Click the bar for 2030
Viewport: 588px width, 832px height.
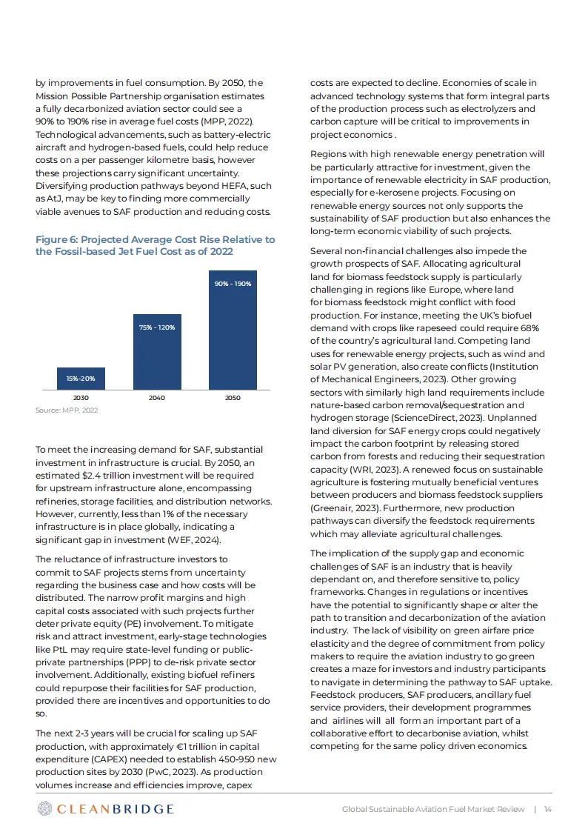(x=81, y=379)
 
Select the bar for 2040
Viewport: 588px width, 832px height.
(x=156, y=350)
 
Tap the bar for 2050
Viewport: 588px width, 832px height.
(x=233, y=330)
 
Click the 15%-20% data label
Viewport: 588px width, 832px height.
(x=81, y=379)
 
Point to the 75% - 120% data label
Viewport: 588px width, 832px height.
(x=156, y=327)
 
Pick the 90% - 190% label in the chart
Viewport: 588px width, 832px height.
(x=233, y=284)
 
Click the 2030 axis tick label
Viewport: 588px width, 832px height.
(x=81, y=398)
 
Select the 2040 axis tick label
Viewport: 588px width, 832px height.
(x=156, y=398)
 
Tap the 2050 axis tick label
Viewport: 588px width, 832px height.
(x=233, y=398)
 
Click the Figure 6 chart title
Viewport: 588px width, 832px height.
(x=155, y=245)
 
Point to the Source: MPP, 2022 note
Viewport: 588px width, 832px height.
(x=67, y=410)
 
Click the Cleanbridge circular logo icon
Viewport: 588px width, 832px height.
(x=45, y=808)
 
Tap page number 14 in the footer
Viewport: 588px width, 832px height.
(x=548, y=809)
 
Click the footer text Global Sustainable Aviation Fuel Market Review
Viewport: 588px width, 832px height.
(x=433, y=809)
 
